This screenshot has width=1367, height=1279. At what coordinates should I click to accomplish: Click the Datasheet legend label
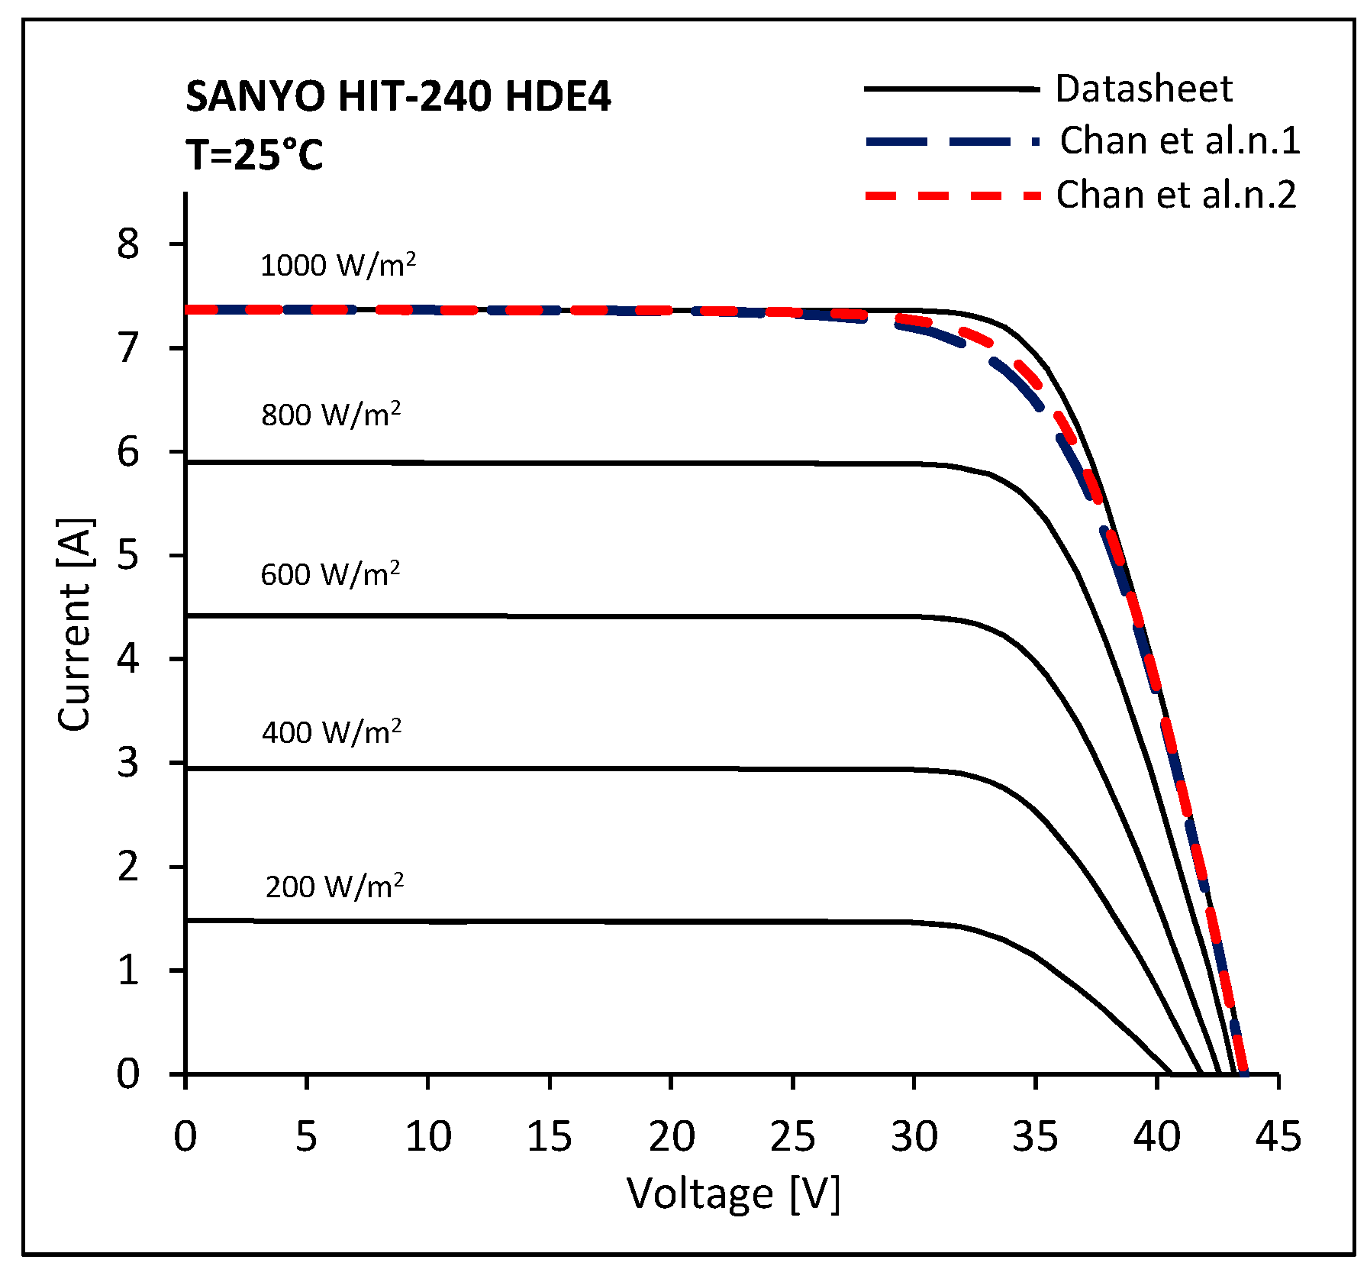pos(1143,89)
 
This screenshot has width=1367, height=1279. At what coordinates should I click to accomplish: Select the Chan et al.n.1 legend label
pos(1179,141)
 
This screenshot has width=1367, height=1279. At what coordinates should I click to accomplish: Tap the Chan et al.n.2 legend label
pos(1175,195)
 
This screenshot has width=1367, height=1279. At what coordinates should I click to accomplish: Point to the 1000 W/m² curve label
pos(338,265)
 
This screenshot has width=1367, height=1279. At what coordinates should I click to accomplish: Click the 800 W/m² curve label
pos(330,415)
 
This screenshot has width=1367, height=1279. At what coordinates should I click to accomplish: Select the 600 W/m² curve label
pos(330,574)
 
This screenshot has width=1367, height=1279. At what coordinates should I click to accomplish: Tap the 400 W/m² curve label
pos(331,732)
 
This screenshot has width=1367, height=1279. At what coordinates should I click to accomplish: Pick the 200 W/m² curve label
pos(334,887)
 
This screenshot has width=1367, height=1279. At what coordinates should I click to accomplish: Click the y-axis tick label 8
pos(128,244)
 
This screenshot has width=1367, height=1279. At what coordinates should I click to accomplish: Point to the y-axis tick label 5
pos(128,555)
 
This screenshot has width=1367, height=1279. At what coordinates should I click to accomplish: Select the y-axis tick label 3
pos(128,763)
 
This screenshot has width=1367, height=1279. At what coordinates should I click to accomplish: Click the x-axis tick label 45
pos(1278,1137)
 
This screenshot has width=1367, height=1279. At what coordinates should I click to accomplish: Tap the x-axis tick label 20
pos(671,1137)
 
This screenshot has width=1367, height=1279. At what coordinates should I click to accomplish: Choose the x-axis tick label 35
pos(1035,1137)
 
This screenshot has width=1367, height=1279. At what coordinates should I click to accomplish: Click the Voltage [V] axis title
pos(733,1193)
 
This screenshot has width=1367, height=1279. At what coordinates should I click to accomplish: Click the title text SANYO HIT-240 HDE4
pos(398,97)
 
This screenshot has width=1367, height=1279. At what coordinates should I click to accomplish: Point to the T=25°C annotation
pos(254,155)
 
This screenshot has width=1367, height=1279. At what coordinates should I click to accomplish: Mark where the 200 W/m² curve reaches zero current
pos(1171,1073)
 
